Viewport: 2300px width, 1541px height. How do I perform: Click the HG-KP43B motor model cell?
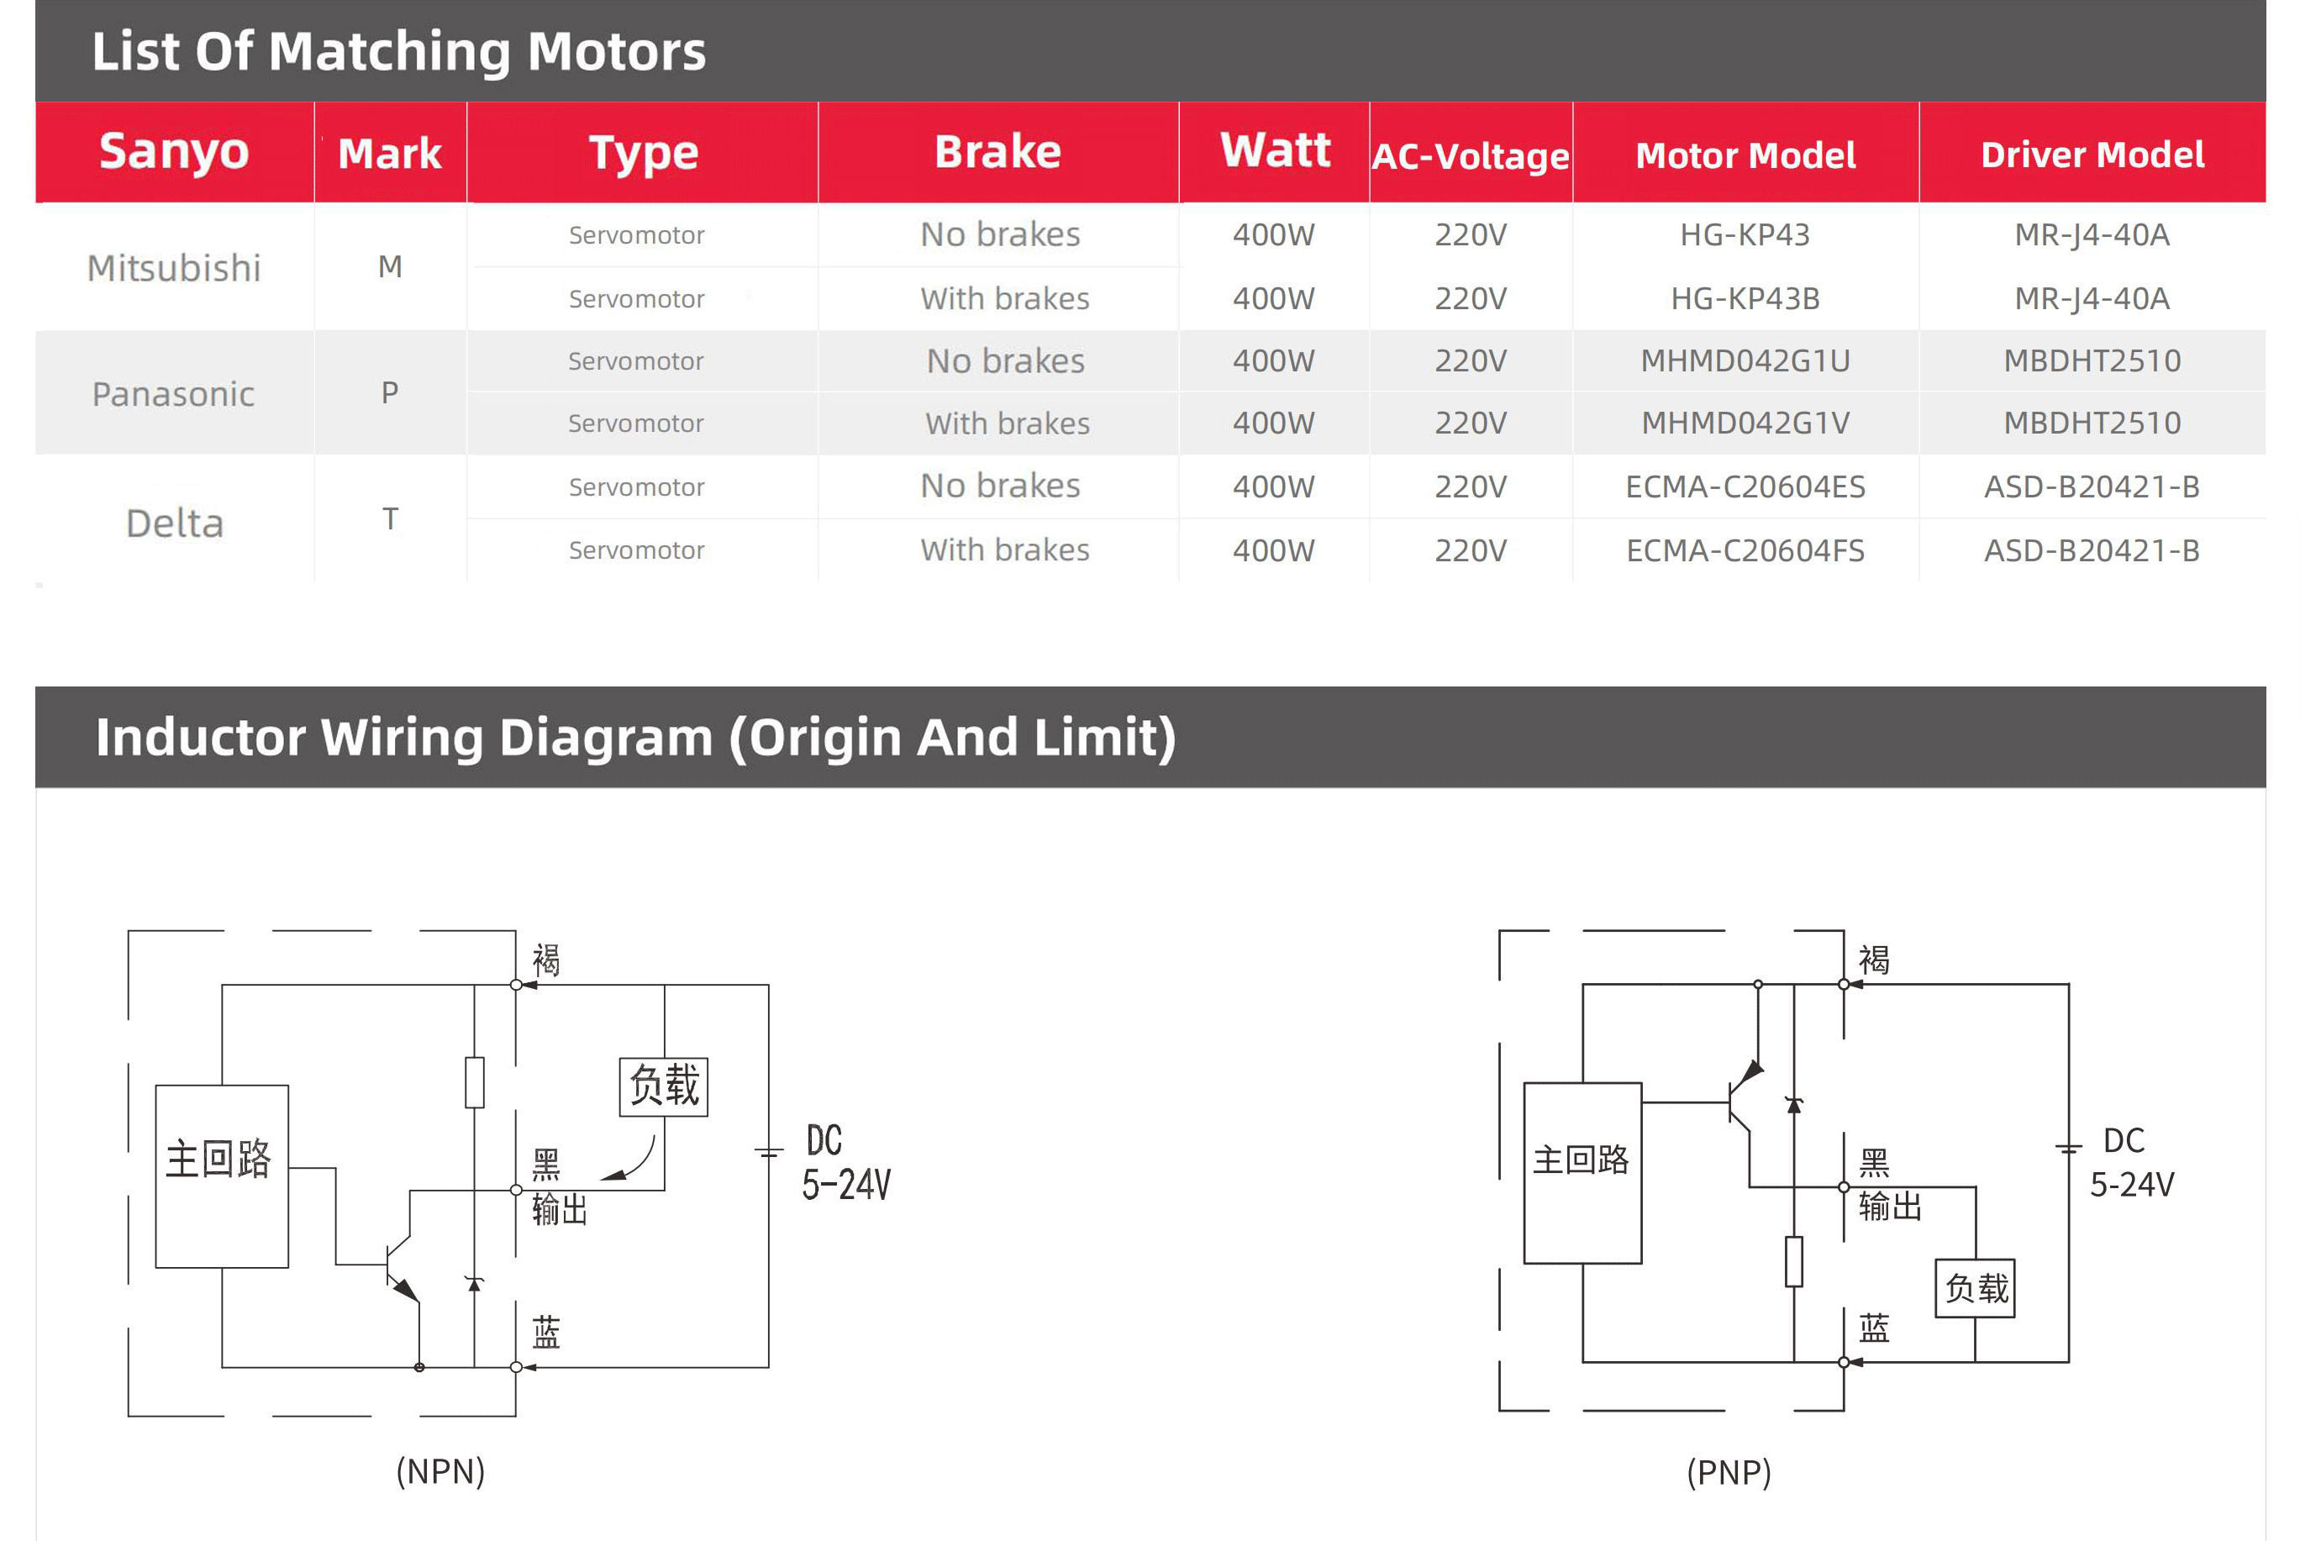tap(1745, 297)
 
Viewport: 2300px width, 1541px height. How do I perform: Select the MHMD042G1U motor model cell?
tap(1745, 360)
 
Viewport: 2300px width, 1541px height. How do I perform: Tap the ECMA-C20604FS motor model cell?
tap(1745, 550)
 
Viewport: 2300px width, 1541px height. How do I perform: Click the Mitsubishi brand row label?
tap(174, 267)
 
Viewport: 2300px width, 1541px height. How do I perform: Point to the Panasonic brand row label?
tap(173, 393)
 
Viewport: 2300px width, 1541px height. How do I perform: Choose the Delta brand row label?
tap(175, 523)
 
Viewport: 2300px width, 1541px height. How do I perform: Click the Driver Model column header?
tap(2092, 155)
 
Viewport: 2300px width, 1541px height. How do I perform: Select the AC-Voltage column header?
tap(1471, 155)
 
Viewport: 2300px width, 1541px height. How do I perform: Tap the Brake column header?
tap(997, 151)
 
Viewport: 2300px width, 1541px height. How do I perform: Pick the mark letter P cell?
tap(390, 393)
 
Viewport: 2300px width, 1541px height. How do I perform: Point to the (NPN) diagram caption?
tap(440, 1471)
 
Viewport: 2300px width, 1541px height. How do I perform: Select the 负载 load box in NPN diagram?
tap(664, 1086)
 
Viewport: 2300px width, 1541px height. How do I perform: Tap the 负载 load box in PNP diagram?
tap(1975, 1287)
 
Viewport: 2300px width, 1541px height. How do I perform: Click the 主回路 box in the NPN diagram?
tap(221, 1175)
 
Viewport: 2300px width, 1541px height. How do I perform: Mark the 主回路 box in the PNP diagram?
tap(1582, 1171)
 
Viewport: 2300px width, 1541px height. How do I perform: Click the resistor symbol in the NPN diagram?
tap(475, 1082)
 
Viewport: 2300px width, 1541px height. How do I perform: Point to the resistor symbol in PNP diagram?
tap(1794, 1261)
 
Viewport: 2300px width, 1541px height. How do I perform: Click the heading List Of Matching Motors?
tap(399, 51)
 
